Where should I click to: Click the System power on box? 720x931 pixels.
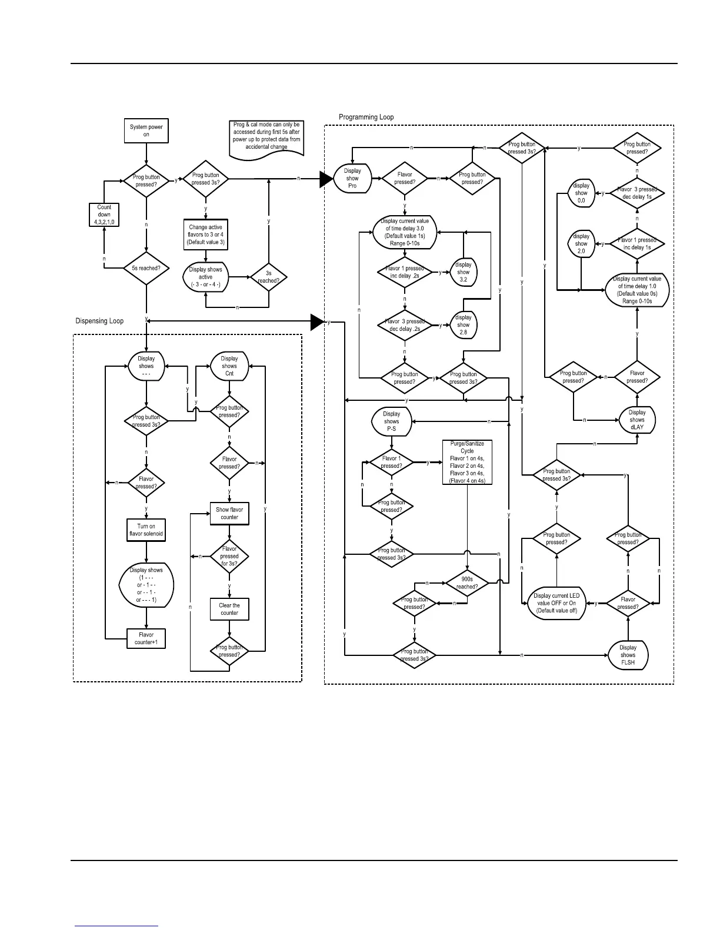coord(146,130)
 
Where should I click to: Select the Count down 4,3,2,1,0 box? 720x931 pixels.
coord(104,215)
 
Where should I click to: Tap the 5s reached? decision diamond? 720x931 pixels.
coord(146,269)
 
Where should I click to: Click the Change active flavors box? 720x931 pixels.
coord(205,235)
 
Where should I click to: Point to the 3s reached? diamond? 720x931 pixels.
coord(268,277)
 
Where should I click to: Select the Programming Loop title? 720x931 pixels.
coord(366,117)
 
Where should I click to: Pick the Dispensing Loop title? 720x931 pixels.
coord(99,321)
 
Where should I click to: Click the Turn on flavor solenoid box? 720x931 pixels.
coord(146,530)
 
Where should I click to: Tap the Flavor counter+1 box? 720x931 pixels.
coord(146,638)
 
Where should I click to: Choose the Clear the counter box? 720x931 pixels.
coord(229,609)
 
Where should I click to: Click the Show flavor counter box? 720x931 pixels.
coord(229,514)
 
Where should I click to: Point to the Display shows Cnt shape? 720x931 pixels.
coord(229,366)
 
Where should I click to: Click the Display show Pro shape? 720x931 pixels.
coord(352,178)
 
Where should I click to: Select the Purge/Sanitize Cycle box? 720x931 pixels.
coord(467,462)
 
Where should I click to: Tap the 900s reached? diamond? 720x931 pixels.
coord(467,583)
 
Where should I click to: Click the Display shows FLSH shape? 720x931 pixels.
coord(628,655)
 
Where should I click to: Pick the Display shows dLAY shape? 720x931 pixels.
coord(637,420)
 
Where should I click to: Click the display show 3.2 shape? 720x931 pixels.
coord(464,272)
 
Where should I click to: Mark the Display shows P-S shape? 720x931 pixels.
coord(391,421)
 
